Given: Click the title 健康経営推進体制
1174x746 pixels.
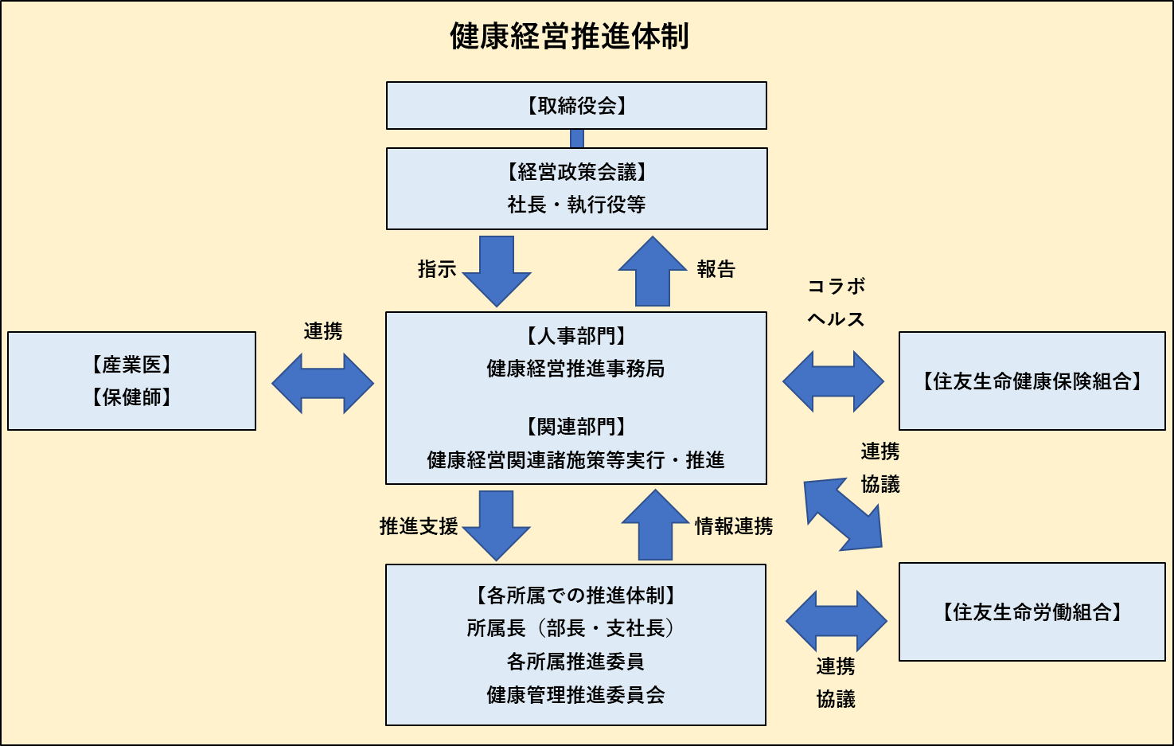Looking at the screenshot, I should point(569,37).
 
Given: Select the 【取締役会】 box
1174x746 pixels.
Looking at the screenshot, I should point(576,105).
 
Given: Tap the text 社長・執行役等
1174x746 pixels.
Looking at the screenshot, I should point(576,205).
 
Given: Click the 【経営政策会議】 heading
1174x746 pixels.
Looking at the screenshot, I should point(576,172).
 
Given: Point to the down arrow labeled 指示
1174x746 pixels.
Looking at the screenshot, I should point(497,271).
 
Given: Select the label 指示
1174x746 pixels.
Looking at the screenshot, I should point(437,269).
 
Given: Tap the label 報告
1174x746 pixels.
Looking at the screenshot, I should point(716,269).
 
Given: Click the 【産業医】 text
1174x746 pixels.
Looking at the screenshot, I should point(132,365).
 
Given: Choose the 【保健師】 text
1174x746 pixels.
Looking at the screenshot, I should point(132,397).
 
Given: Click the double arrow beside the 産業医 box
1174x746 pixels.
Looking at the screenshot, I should point(322,383).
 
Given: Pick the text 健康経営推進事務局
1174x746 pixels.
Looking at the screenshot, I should point(575,369).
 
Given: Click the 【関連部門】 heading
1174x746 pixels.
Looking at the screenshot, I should point(575,427).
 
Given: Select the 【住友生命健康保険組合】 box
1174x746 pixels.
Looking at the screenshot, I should point(1032,381).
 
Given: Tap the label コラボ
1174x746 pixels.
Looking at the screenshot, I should point(836,286).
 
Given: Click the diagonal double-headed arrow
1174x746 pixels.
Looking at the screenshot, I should point(843,514).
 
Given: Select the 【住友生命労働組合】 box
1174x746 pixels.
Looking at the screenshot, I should point(1032,612).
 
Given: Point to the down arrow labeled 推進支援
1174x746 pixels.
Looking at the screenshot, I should point(497,525).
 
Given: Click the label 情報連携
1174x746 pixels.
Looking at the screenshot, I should point(733,526).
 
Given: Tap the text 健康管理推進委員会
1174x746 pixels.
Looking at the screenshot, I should point(575,695).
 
